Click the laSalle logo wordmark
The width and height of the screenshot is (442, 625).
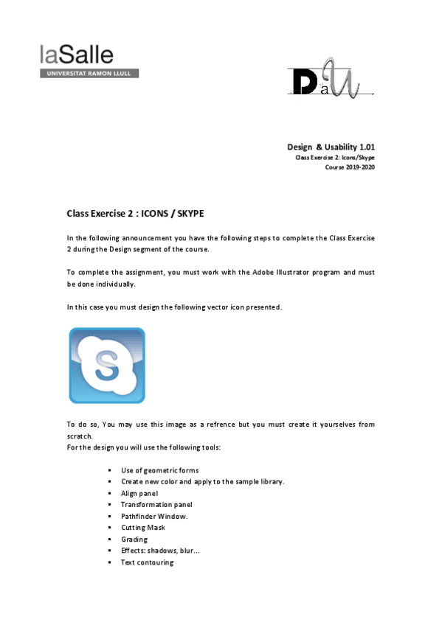77,55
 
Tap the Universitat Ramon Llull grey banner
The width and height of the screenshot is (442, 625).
89,74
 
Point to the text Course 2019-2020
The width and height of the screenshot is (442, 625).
350,167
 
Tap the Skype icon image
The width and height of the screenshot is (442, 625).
107,366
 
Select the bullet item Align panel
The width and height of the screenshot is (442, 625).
139,493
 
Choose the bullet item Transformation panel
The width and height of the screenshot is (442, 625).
156,505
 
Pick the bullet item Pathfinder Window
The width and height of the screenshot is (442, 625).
153,516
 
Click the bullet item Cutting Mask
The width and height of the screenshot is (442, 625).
142,528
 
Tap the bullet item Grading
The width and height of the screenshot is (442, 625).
134,540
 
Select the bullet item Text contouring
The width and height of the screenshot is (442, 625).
147,562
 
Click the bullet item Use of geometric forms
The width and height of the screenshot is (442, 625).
159,470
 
